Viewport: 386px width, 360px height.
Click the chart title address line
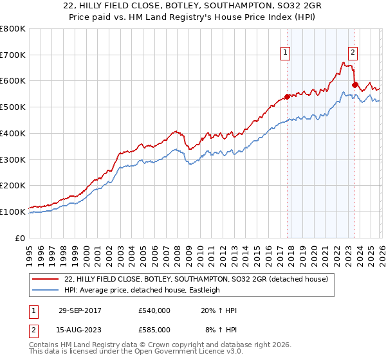pyautogui.click(x=192, y=6)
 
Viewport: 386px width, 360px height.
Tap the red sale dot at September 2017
pyautogui.click(x=287, y=97)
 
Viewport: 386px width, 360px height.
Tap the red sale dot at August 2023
pyautogui.click(x=354, y=85)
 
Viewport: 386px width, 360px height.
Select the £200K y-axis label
pyautogui.click(x=13, y=185)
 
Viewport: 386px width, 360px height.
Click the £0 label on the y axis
pyautogui.click(x=19, y=238)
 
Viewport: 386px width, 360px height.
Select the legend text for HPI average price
pyautogui.click(x=142, y=290)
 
